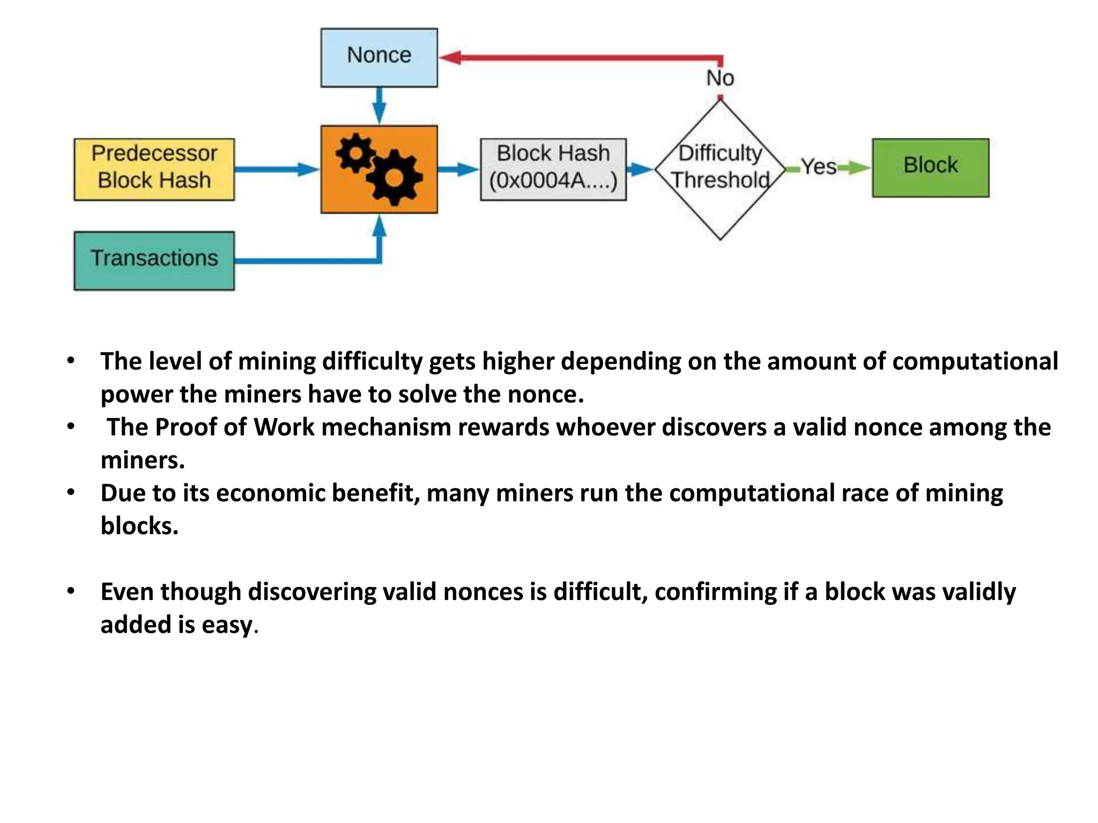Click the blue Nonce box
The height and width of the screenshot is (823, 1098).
379,57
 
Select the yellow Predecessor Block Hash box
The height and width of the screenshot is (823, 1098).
154,169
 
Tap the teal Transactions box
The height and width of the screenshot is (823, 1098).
154,260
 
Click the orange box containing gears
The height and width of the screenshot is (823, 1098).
379,169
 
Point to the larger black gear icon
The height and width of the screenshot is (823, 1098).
395,178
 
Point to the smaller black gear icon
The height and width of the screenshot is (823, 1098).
355,153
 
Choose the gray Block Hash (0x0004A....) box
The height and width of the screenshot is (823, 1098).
553,169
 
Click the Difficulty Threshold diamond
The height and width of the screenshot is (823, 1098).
720,169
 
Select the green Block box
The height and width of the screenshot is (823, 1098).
930,168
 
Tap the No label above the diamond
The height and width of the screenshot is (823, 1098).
720,78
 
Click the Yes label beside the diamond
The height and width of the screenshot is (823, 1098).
818,167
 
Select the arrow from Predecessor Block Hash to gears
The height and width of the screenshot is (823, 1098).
276,169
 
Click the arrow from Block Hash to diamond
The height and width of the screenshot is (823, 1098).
640,169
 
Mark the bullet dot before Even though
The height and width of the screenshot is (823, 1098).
71,591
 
